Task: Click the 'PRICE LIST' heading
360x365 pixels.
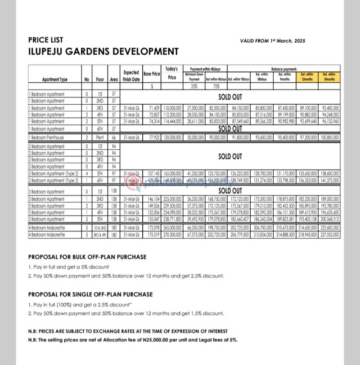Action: pos(45,40)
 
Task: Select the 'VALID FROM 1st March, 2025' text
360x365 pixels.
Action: pos(273,41)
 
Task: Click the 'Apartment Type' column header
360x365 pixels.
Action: pos(54,79)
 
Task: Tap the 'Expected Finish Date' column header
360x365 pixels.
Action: pos(131,76)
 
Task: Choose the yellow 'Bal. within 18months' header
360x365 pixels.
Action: pos(329,76)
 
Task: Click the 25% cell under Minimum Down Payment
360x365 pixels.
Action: pos(194,86)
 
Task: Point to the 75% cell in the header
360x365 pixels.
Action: pos(216,86)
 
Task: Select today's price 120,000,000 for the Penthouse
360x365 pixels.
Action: pos(172,137)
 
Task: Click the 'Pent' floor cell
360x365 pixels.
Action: pos(100,137)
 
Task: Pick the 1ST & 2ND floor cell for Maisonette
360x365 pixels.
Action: pos(100,228)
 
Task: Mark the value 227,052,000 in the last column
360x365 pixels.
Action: pos(329,234)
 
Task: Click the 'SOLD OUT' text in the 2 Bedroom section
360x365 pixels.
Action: pos(230,156)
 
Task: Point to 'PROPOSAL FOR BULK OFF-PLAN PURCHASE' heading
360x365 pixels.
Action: pos(87,257)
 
